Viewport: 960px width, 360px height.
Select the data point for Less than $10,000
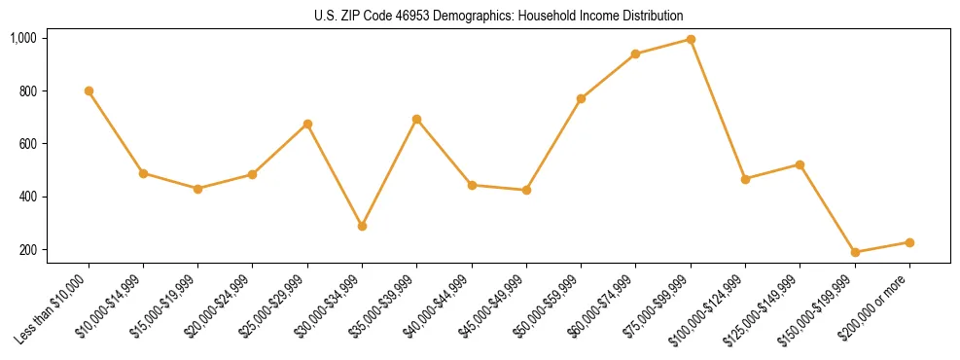point(89,90)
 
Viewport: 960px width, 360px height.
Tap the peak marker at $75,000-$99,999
point(691,39)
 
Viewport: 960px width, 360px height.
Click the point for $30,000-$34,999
point(362,226)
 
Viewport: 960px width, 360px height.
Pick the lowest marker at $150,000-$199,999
point(855,252)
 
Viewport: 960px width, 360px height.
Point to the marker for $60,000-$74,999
point(635,54)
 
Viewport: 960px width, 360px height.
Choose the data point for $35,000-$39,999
point(417,119)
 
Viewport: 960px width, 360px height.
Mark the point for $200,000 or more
point(909,242)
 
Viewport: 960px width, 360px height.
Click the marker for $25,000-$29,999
point(307,124)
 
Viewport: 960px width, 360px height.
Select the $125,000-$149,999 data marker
point(800,164)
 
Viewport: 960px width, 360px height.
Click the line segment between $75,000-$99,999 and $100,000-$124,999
point(718,109)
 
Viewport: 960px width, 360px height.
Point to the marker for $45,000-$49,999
point(526,190)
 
